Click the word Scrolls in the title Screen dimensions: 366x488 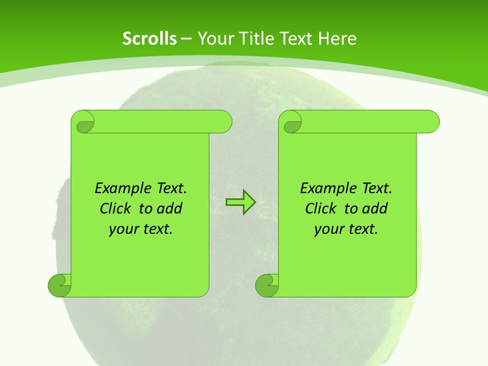click(x=149, y=39)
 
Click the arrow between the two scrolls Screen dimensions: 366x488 click(x=240, y=202)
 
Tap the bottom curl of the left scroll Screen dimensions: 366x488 click(x=59, y=285)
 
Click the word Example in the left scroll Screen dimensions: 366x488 click(x=121, y=189)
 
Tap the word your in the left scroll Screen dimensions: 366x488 click(x=123, y=229)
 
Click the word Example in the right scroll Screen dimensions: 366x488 click(x=327, y=189)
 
